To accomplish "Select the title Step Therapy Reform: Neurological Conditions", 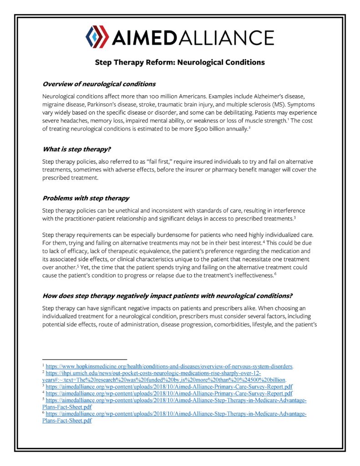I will [x=180, y=62].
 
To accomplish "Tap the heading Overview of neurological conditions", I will [x=99, y=84].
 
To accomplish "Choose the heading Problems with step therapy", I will [x=86, y=198].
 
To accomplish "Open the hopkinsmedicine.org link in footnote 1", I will [x=169, y=366].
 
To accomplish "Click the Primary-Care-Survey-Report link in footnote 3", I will [x=169, y=386].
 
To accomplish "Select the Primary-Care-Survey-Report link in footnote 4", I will [x=169, y=393].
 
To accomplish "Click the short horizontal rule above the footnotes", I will [x=84, y=359].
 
